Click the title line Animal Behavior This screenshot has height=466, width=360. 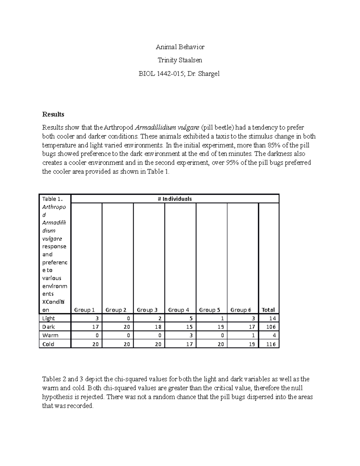click(180, 47)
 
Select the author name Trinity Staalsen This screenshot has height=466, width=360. click(180, 60)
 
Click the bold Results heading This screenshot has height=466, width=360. click(53, 114)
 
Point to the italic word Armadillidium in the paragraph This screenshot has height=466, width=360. click(153, 128)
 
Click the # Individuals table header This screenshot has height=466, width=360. click(175, 199)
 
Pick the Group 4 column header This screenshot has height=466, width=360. click(178, 310)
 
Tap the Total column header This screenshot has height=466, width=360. click(268, 310)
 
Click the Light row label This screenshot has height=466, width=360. click(49, 318)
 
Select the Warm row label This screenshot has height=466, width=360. click(50, 335)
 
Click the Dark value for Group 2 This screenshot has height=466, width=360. click(127, 327)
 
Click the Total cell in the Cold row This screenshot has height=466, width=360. click(271, 344)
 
